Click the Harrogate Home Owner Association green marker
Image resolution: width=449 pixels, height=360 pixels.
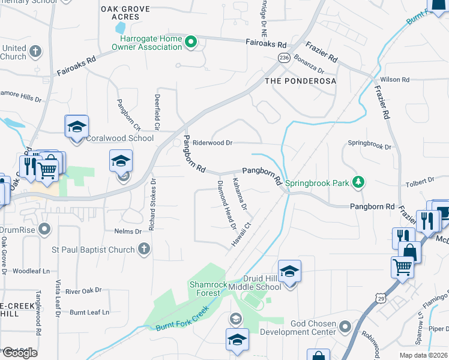point(191,42)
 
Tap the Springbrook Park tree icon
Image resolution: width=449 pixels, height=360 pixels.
point(358,181)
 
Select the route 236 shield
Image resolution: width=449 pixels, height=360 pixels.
point(284,56)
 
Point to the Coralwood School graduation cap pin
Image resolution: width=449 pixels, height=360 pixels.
point(77,127)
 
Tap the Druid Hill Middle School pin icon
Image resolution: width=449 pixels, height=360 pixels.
point(289,272)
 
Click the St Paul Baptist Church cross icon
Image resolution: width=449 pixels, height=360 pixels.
point(143,248)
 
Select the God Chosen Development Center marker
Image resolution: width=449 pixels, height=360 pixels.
point(345,327)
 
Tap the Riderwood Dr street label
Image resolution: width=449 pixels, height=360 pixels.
point(212,143)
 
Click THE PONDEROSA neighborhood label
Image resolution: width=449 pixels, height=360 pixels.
point(300,80)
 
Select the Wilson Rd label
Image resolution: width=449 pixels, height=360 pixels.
point(394,79)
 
